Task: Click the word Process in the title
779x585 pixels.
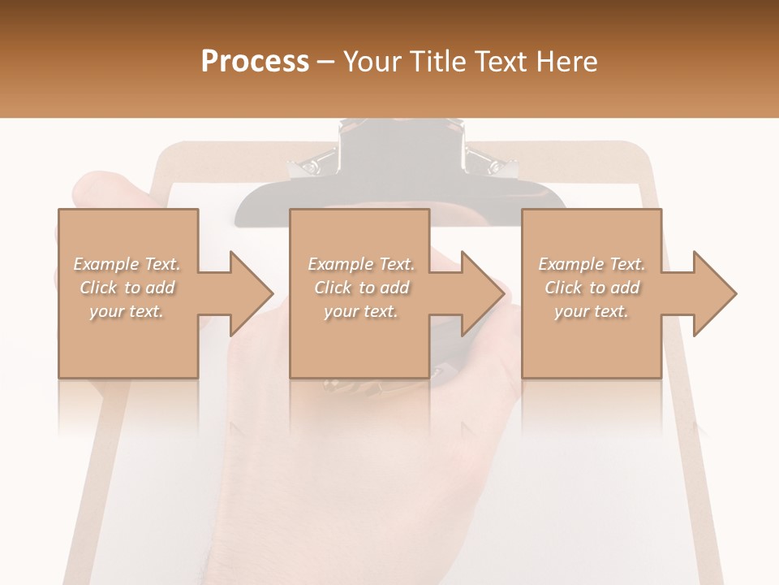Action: click(255, 62)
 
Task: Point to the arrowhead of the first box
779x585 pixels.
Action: click(252, 293)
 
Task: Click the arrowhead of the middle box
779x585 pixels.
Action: click(484, 293)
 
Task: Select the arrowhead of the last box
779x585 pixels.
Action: click(715, 293)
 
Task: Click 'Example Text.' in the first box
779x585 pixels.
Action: click(127, 264)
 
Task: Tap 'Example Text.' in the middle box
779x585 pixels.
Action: click(361, 264)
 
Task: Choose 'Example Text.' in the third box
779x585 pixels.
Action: click(592, 264)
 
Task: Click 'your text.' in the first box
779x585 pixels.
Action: click(127, 311)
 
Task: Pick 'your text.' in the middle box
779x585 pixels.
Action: click(361, 311)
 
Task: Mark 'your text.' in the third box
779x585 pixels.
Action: click(592, 311)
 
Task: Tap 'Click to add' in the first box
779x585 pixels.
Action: click(127, 288)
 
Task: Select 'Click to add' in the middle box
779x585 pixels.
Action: click(361, 288)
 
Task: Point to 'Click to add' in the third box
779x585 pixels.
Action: click(592, 288)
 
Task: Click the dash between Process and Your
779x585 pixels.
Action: click(326, 62)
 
